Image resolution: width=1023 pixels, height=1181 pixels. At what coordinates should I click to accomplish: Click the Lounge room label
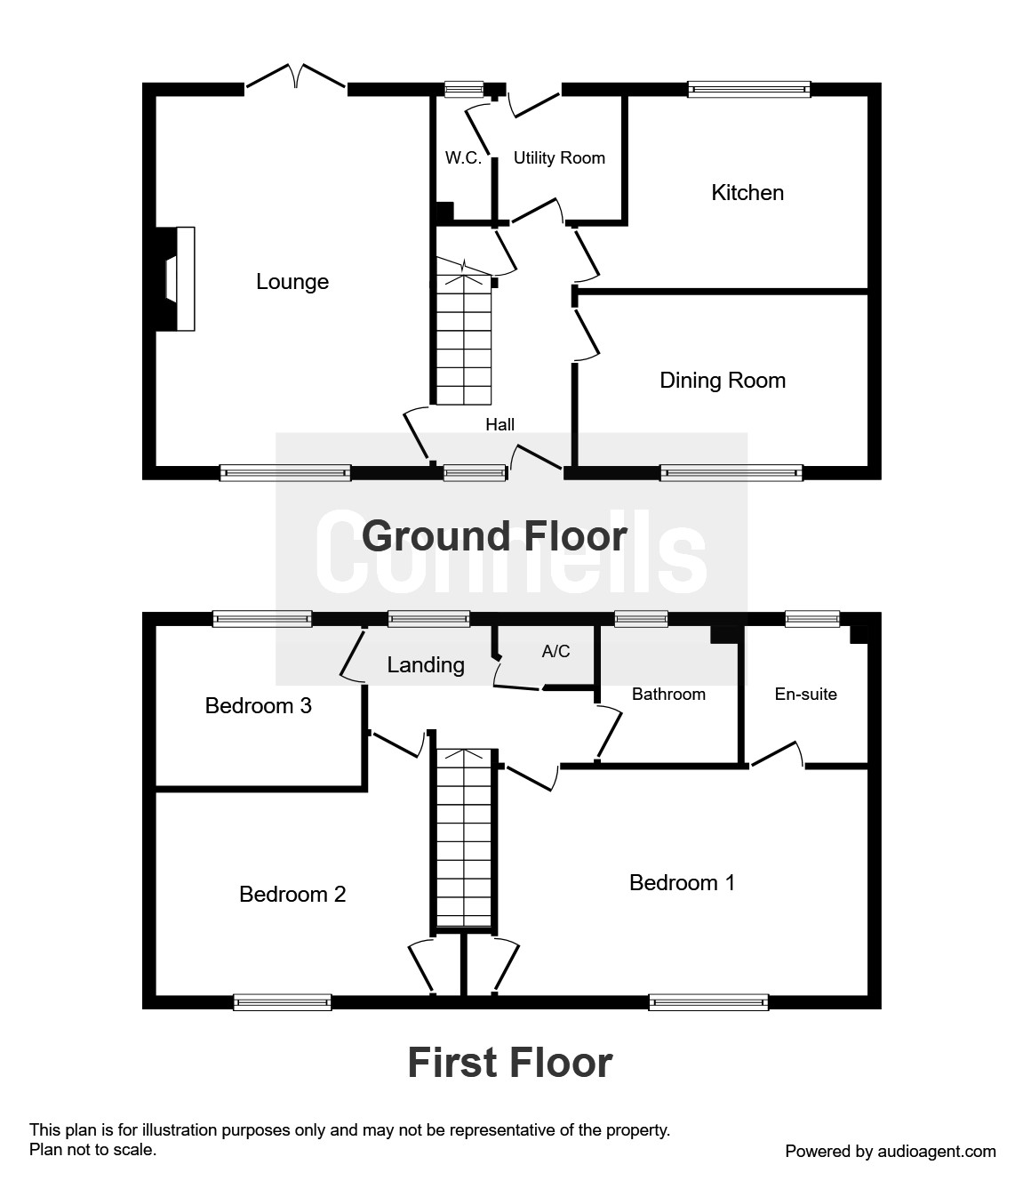[x=292, y=282]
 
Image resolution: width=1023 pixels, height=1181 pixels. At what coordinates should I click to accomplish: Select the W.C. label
[x=463, y=158]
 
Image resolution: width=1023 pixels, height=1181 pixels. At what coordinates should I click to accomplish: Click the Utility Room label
[x=559, y=158]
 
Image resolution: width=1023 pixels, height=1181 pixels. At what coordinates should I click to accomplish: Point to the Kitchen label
[x=747, y=193]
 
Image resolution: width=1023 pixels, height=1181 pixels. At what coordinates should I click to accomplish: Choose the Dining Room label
[x=723, y=381]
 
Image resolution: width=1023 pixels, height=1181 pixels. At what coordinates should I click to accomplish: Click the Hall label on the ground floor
[x=500, y=425]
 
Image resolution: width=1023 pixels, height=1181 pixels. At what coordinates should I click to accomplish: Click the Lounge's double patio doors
[x=296, y=80]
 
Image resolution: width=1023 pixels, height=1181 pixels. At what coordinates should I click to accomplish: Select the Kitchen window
[x=749, y=89]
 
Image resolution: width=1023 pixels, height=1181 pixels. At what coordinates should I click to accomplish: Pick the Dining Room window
[x=731, y=473]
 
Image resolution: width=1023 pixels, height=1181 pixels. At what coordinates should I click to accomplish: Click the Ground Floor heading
[x=494, y=536]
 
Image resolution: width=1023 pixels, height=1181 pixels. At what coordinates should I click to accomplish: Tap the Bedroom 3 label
[x=258, y=706]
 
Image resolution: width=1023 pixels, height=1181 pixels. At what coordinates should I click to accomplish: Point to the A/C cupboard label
[x=556, y=652]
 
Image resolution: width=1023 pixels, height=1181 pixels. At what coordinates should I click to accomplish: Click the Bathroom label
[x=668, y=695]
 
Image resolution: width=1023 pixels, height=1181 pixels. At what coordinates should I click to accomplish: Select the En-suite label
[x=806, y=695]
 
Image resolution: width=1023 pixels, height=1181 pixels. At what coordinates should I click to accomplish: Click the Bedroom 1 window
[x=708, y=1002]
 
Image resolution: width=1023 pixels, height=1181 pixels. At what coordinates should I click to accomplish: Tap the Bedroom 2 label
[x=292, y=895]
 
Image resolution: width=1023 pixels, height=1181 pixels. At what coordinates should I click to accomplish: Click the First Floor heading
[x=510, y=1063]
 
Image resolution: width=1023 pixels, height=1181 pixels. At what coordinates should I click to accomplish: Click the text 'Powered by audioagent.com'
[x=891, y=1152]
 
